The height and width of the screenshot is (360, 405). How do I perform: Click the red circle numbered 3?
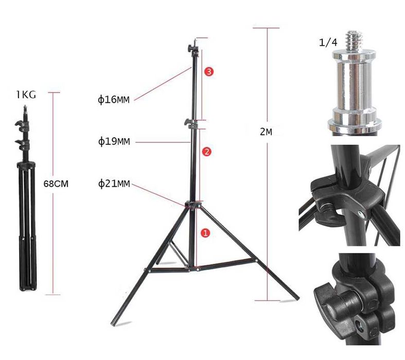pos(209,71)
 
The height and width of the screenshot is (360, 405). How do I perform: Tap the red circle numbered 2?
pos(207,152)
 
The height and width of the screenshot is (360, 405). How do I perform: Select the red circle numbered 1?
pos(205,233)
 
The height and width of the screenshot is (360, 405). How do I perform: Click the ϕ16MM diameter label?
pos(114,99)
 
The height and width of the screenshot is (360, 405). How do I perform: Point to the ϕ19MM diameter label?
pos(114,141)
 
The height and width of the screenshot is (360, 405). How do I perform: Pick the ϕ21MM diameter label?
pos(114,184)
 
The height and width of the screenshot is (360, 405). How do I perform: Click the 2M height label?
pos(266,132)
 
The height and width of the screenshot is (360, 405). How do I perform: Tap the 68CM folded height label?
pos(56,184)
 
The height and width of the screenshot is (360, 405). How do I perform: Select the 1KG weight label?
pos(26,95)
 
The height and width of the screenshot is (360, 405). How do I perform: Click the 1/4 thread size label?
pos(328,42)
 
